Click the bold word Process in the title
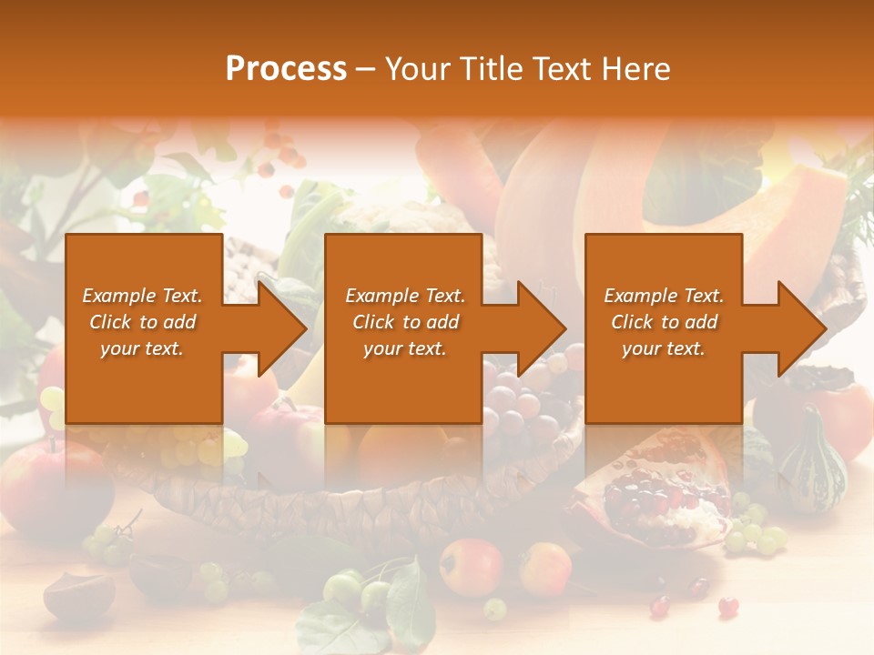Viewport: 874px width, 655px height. coord(286,69)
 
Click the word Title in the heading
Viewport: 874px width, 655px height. coord(485,69)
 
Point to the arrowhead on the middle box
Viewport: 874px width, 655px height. coord(542,328)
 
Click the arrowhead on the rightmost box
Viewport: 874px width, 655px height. coord(802,328)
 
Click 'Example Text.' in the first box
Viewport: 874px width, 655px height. coord(142,296)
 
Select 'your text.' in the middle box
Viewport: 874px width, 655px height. coord(404,348)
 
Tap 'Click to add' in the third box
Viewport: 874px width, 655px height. coord(664,322)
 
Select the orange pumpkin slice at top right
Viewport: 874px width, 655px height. coord(801,218)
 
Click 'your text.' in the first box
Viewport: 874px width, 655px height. coord(142,348)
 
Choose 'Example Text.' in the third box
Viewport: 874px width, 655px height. coord(664,296)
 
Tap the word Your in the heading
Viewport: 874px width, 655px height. coord(416,69)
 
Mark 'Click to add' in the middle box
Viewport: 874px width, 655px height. coord(405,322)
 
